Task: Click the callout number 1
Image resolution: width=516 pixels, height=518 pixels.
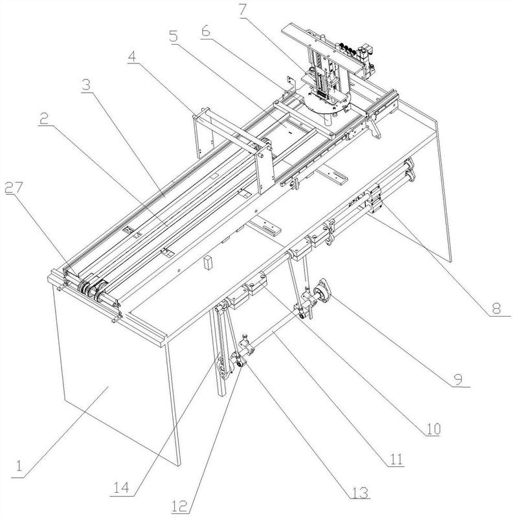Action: [19, 465]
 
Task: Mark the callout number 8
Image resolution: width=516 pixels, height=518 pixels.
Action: [497, 310]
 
